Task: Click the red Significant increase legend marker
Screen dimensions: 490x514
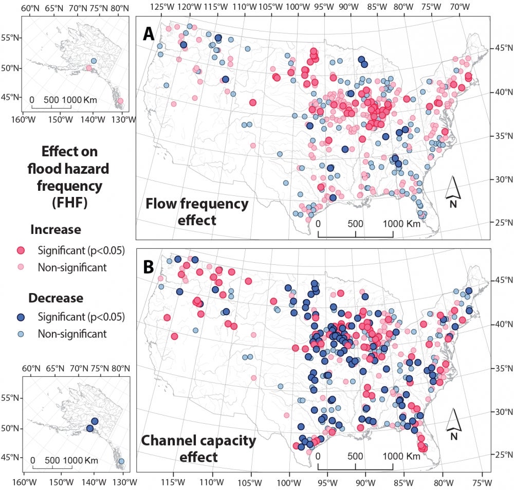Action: click(x=22, y=250)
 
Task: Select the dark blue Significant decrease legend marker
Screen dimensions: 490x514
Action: click(x=22, y=316)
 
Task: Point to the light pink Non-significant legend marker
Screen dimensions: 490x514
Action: click(x=22, y=267)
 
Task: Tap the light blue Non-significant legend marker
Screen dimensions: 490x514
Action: click(x=22, y=334)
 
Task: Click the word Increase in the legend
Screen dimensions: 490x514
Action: click(x=55, y=229)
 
